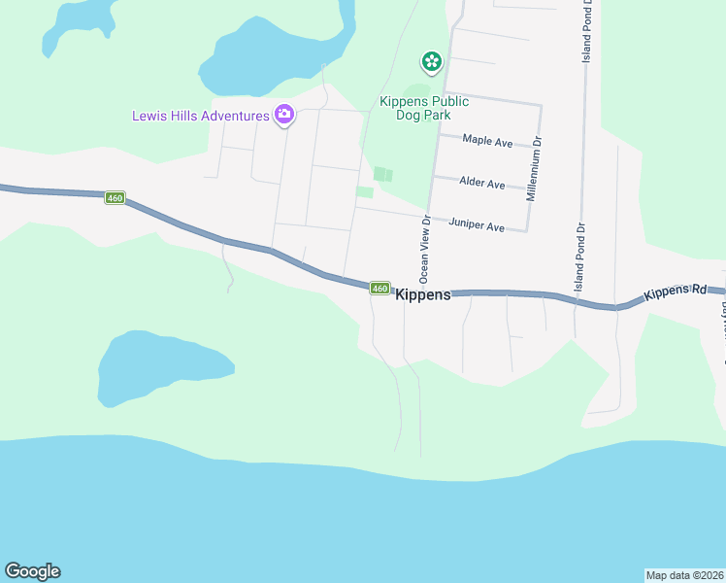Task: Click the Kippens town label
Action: (x=424, y=294)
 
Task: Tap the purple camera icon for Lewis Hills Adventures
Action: (x=284, y=116)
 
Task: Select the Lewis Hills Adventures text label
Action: (x=201, y=117)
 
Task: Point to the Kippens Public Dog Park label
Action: (x=423, y=107)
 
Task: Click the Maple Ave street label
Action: (x=487, y=142)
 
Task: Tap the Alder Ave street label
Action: (x=482, y=184)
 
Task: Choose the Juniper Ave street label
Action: (x=477, y=226)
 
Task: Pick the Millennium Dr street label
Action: (x=533, y=169)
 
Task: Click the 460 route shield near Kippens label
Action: (x=379, y=288)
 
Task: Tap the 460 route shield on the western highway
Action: (x=115, y=198)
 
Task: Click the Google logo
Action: (x=32, y=571)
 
